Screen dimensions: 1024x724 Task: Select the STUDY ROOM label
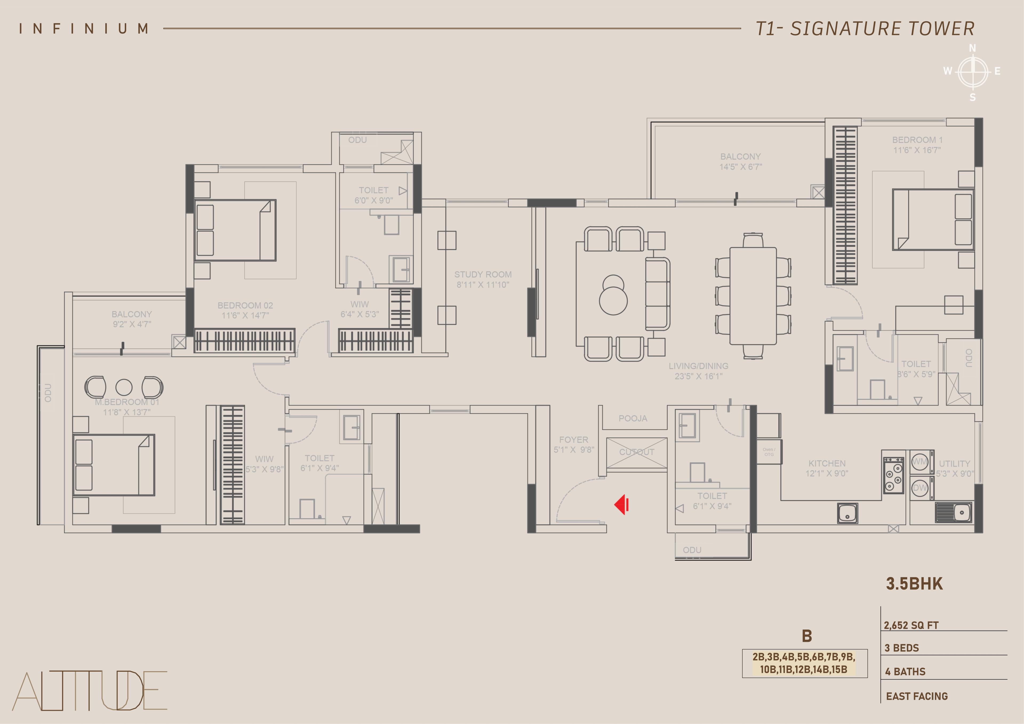click(x=483, y=274)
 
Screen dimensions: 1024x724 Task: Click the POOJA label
click(x=633, y=419)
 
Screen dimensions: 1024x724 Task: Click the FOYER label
click(x=574, y=440)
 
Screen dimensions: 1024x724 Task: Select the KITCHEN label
click(x=827, y=463)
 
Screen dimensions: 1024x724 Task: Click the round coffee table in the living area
click(x=613, y=295)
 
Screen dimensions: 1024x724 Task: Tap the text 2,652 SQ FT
click(x=911, y=625)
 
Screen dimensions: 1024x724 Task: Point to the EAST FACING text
click(x=917, y=696)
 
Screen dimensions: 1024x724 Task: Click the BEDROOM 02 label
click(x=245, y=305)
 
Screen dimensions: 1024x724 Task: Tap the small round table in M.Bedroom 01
click(x=124, y=388)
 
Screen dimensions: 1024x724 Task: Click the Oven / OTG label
click(x=769, y=452)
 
